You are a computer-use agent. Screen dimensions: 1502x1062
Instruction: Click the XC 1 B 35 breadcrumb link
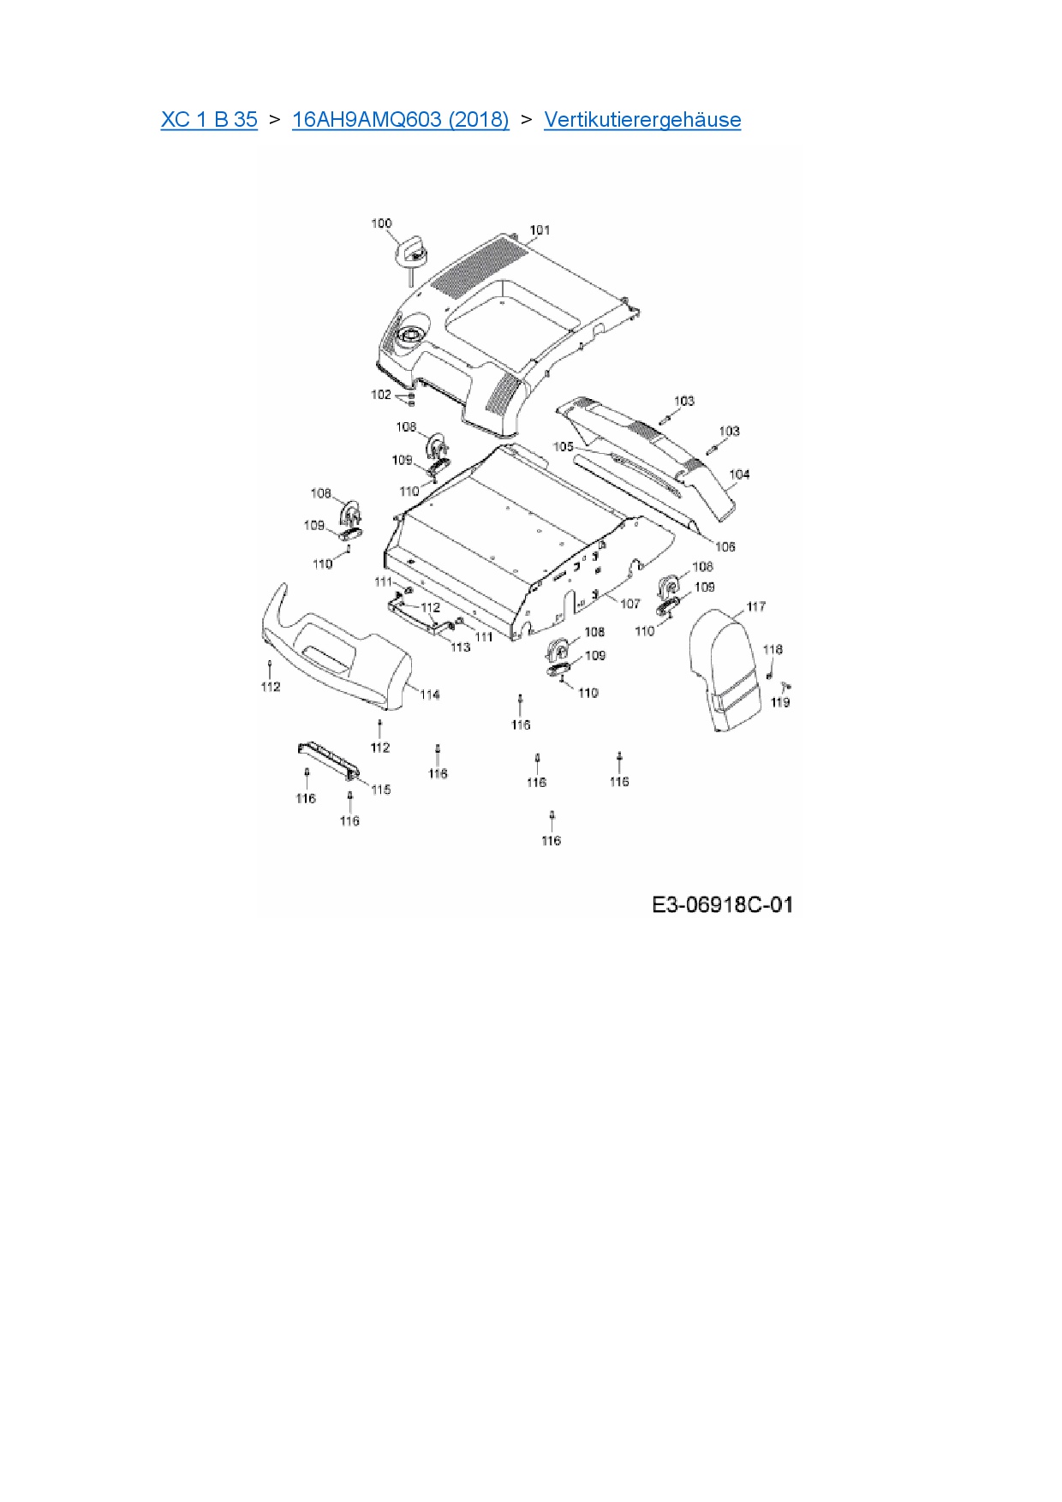tap(209, 120)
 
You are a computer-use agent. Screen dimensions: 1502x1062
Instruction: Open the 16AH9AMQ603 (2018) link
tap(400, 120)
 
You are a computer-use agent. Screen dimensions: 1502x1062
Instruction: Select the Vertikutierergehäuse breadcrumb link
tap(642, 120)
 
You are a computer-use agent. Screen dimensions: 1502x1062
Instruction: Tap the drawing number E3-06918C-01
tap(722, 904)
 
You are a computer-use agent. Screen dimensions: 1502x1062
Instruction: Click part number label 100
tap(381, 224)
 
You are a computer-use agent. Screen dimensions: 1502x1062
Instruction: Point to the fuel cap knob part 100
tap(410, 251)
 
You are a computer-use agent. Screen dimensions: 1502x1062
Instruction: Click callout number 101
tap(540, 229)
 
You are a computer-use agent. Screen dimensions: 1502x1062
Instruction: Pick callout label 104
tap(738, 474)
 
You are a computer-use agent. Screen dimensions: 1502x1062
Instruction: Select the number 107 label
tap(629, 604)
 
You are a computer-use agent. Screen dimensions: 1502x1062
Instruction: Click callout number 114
tap(430, 694)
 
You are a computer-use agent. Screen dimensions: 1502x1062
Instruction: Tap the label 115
tap(381, 790)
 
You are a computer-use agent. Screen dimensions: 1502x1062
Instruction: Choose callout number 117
tap(755, 606)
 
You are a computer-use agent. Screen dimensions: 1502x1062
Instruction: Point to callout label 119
tap(779, 702)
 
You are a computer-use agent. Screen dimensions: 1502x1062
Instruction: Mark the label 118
tap(773, 649)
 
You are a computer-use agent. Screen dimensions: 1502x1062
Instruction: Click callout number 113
tap(460, 647)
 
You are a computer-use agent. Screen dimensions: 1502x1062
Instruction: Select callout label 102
tap(380, 395)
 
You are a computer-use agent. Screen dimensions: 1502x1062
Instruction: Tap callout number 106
tap(725, 546)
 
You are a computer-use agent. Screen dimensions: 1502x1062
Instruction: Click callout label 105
tap(563, 447)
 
